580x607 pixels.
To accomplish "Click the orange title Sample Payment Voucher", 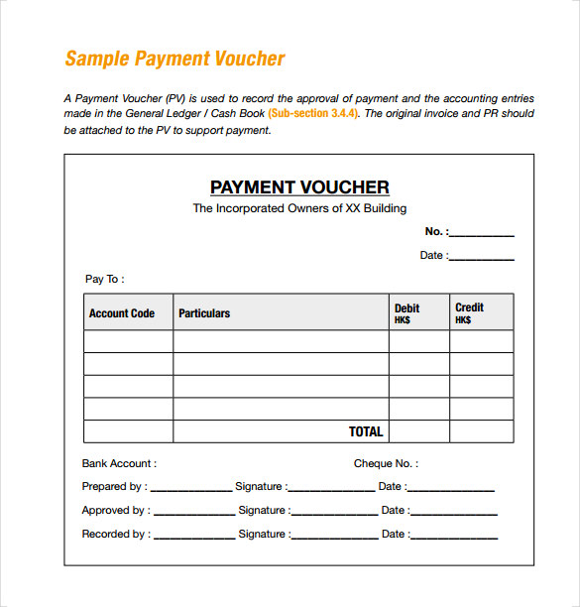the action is tap(174, 59).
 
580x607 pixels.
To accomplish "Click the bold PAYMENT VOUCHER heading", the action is tap(299, 187).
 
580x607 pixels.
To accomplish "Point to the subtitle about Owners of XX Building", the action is tap(299, 208).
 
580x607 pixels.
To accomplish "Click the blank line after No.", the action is tap(482, 234).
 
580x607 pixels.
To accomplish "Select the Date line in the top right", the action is tap(482, 258).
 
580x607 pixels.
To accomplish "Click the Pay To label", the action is tap(104, 280).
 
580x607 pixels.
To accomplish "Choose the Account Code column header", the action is tap(122, 313).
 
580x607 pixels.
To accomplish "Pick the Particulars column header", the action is tap(204, 313).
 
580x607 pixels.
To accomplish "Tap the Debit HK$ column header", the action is tap(407, 313).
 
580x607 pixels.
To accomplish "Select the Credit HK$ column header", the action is tap(469, 313).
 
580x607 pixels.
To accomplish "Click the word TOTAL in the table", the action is tap(366, 432).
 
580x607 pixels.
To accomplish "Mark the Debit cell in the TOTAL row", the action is tap(419, 432).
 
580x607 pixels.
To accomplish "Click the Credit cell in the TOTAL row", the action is tap(482, 432).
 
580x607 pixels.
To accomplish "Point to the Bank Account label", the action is tap(118, 463).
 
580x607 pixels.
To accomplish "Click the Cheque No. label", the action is tap(386, 463).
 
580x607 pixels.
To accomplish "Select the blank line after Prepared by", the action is tap(191, 489).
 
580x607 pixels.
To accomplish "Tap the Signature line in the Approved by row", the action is tap(335, 513).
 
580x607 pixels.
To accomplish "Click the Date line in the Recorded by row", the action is tap(454, 537).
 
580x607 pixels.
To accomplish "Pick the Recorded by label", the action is tap(115, 535).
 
